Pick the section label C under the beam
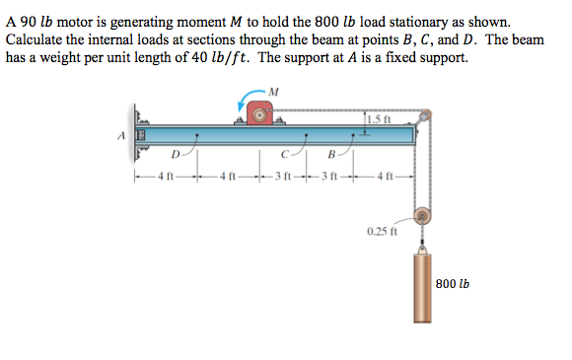point(284,154)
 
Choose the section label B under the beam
point(331,154)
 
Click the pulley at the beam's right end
point(422,119)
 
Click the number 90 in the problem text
point(28,20)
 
